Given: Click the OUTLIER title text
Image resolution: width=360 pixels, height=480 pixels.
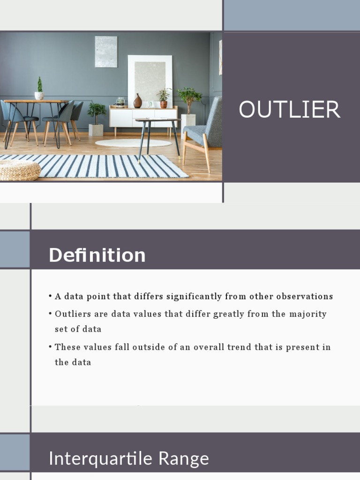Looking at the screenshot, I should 289,110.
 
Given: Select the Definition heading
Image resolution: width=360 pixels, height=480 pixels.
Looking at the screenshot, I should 97,255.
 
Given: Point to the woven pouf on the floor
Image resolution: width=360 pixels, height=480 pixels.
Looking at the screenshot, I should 20,170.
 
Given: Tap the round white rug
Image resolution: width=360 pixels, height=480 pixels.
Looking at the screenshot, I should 134,143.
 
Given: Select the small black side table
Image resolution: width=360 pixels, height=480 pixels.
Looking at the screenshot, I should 157,136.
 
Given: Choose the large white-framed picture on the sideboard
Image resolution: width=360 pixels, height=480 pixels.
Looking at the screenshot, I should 150,80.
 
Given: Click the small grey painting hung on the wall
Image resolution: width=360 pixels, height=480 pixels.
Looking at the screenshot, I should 105,52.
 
